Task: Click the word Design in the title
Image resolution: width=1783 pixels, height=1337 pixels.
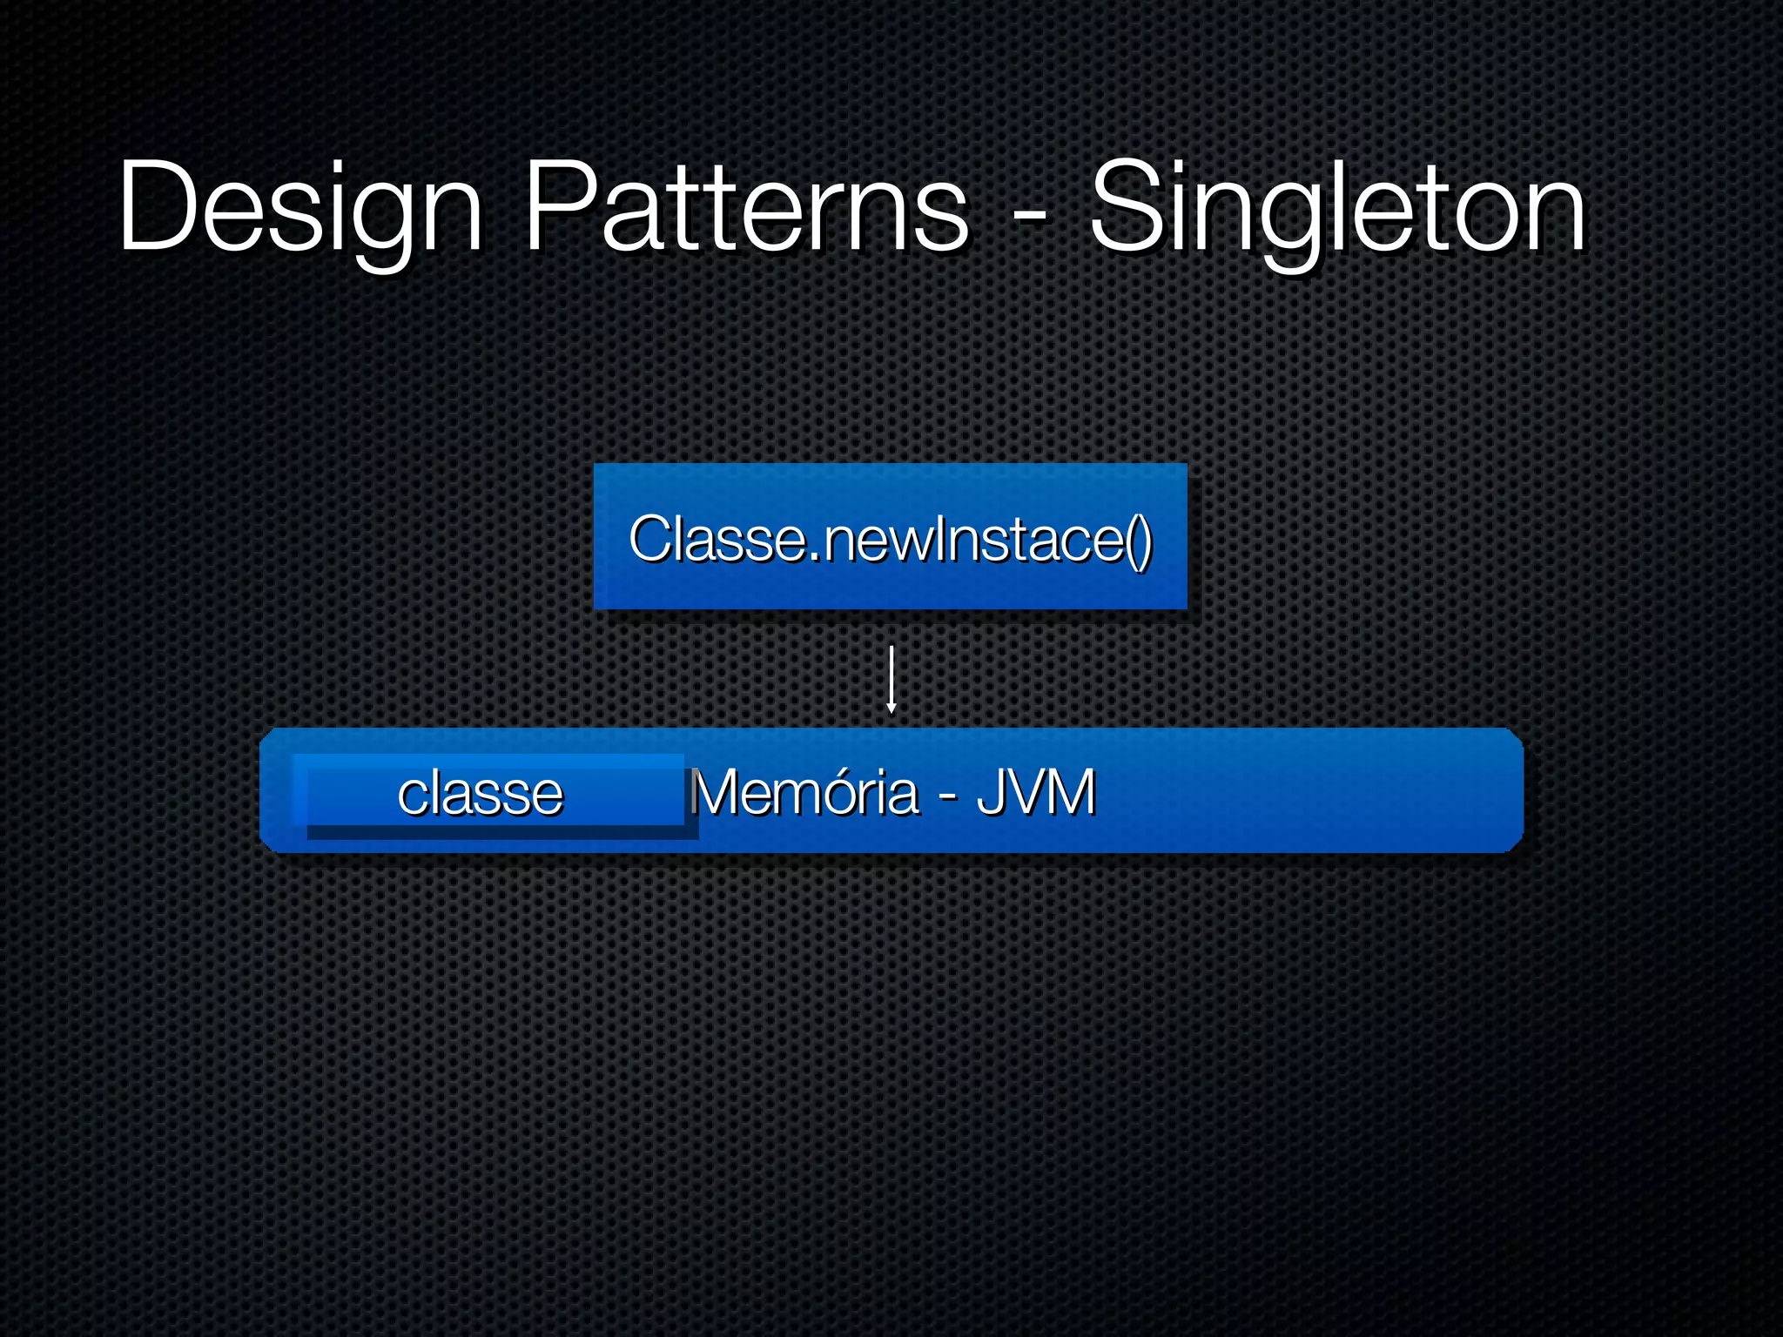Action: point(300,209)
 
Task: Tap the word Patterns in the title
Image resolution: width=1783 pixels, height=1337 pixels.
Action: point(746,209)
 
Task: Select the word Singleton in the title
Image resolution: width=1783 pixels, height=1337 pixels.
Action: point(1338,209)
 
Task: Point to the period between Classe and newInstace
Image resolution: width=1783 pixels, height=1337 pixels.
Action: point(815,557)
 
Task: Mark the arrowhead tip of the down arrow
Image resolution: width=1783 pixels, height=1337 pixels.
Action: point(891,711)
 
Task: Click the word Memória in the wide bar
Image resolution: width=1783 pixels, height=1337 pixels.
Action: point(804,792)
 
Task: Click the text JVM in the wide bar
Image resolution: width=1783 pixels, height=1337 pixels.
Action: point(1035,792)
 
